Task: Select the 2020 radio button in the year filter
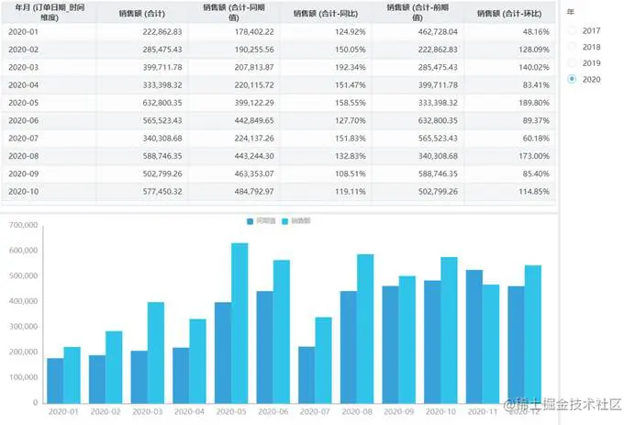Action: (x=574, y=80)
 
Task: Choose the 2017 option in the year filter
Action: (x=574, y=30)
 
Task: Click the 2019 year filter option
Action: (x=574, y=63)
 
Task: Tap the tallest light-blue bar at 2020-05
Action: (x=240, y=321)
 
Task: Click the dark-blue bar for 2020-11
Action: (x=474, y=336)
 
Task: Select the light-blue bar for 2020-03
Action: (x=156, y=352)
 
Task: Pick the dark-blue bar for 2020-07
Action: (x=306, y=374)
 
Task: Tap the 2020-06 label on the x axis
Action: (x=272, y=413)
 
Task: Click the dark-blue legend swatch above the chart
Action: (x=251, y=222)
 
